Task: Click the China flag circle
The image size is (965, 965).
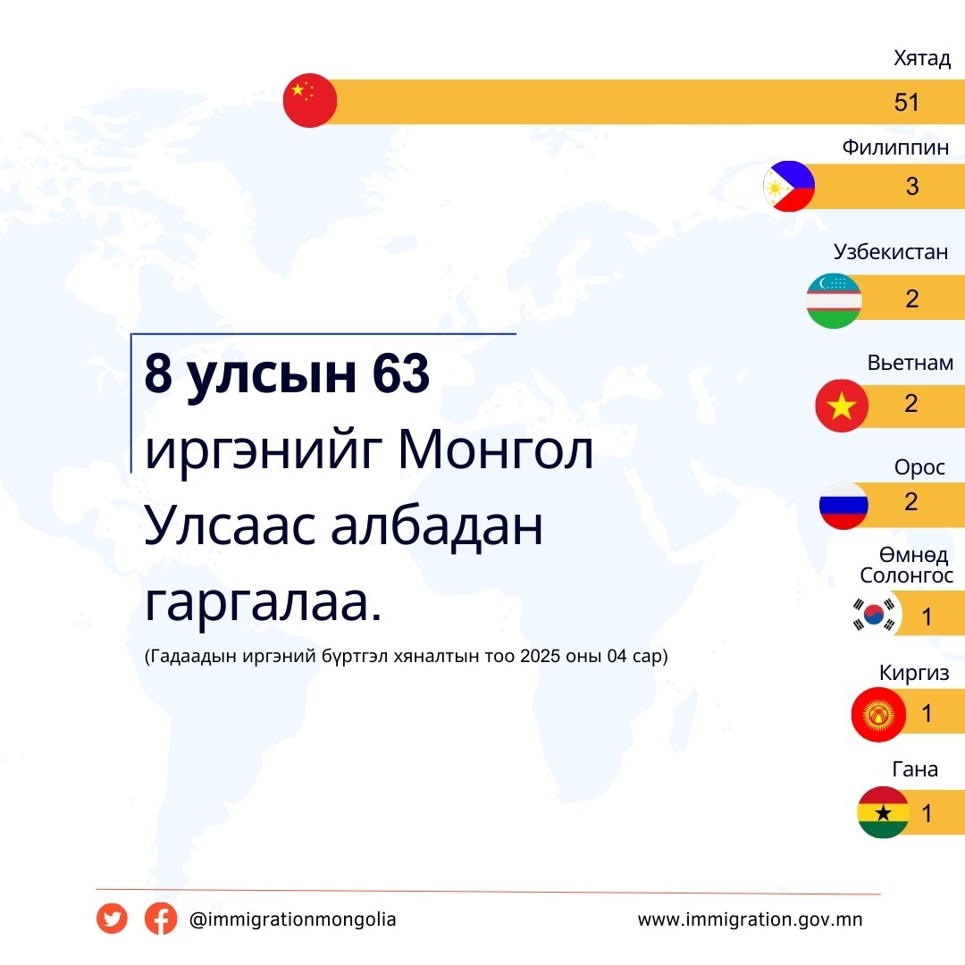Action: click(x=309, y=100)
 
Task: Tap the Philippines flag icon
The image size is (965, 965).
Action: click(x=789, y=186)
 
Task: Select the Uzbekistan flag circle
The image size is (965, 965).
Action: click(x=834, y=300)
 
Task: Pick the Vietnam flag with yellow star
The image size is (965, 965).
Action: click(x=842, y=406)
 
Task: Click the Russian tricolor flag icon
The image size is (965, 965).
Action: click(x=843, y=504)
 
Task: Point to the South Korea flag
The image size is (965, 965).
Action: click(x=874, y=614)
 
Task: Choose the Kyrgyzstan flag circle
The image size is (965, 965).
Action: click(x=878, y=715)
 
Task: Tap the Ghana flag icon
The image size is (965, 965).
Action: click(x=883, y=812)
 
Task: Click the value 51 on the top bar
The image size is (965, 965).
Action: click(x=907, y=102)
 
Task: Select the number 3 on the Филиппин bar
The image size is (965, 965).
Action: click(x=912, y=187)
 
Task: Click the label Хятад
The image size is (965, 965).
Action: click(x=922, y=58)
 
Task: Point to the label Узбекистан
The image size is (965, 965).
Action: click(x=891, y=252)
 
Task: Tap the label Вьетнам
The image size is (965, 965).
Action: click(x=910, y=363)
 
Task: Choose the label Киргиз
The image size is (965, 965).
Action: click(x=914, y=673)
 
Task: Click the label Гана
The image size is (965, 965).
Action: click(x=915, y=769)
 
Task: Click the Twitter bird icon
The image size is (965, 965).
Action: click(x=112, y=919)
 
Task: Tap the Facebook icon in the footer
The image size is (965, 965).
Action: click(x=161, y=919)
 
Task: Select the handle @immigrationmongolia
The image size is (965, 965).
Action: click(x=293, y=919)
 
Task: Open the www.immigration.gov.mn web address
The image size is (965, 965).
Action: click(x=751, y=919)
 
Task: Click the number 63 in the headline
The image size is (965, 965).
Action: click(x=400, y=373)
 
